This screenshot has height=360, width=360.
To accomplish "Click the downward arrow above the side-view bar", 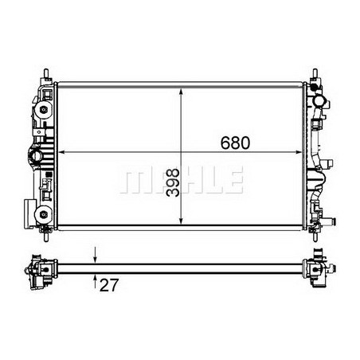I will (x=96, y=256).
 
